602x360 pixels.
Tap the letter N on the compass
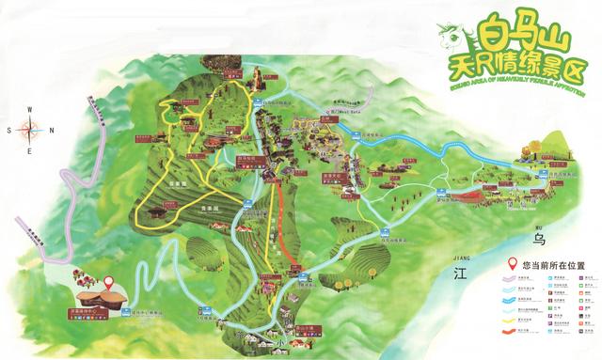[x=50, y=130]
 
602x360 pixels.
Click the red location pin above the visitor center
[x=108, y=280]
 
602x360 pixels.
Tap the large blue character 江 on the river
[x=460, y=274]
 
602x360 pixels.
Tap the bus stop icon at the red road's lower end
[x=303, y=277]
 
